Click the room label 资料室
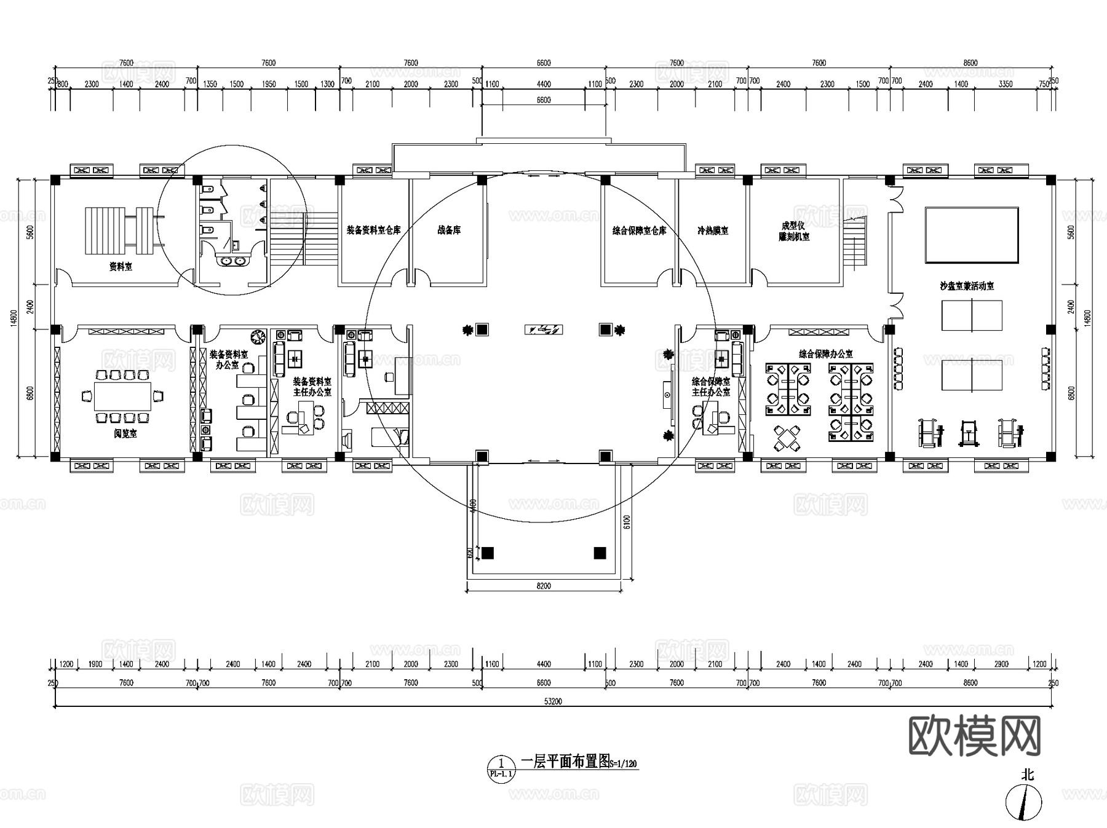pyautogui.click(x=121, y=267)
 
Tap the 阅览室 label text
pyautogui.click(x=125, y=433)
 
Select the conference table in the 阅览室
pyautogui.click(x=122, y=396)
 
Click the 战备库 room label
pyautogui.click(x=449, y=230)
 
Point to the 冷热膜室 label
pyautogui.click(x=713, y=231)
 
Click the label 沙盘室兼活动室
pyautogui.click(x=967, y=286)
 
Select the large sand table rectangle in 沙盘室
pyautogui.click(x=972, y=235)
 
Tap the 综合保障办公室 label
pyautogui.click(x=825, y=354)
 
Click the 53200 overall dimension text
pyautogui.click(x=553, y=701)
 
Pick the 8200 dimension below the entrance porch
pyautogui.click(x=544, y=586)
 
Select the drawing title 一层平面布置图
pyautogui.click(x=565, y=762)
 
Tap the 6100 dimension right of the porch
pyautogui.click(x=627, y=521)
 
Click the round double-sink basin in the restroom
pyautogui.click(x=232, y=261)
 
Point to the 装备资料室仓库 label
pyautogui.click(x=373, y=230)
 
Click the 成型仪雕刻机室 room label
pyautogui.click(x=793, y=231)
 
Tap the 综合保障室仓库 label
pyautogui.click(x=639, y=231)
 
